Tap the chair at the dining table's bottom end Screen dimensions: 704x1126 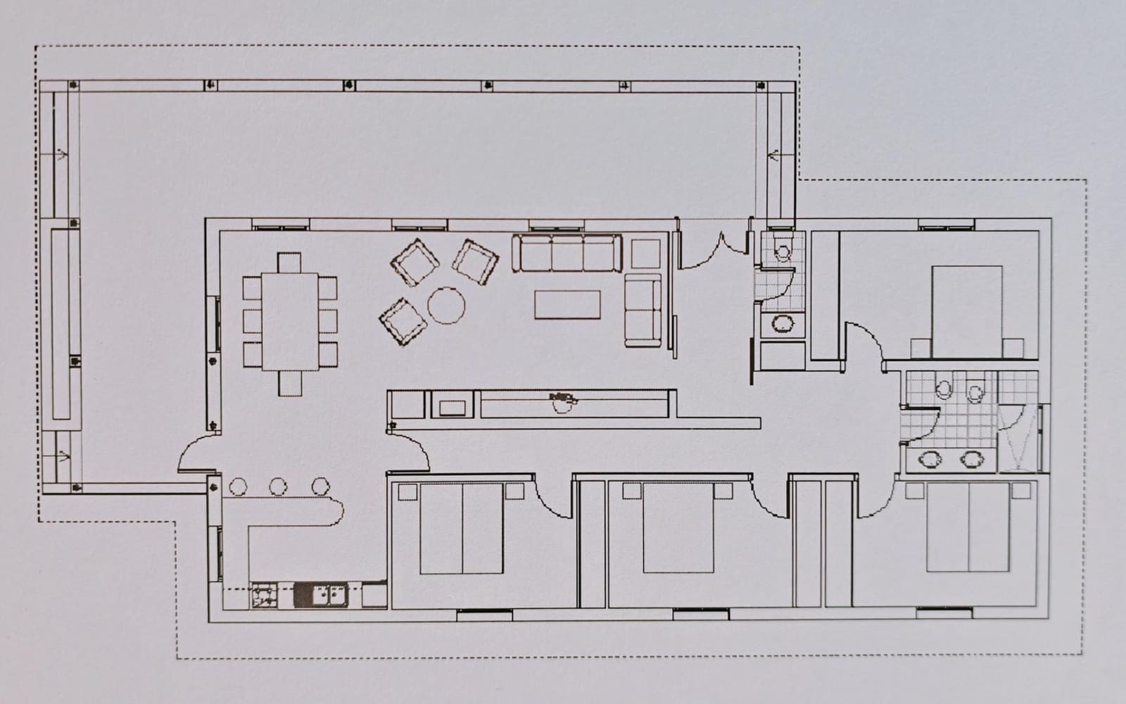289,383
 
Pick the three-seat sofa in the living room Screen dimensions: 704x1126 567,253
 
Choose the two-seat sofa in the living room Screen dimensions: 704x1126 643,310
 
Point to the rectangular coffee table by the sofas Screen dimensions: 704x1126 567,305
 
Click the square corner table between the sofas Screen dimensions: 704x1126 645,253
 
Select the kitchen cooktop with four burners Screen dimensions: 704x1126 265,596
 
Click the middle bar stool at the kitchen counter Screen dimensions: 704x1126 279,486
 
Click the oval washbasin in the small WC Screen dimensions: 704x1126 781,323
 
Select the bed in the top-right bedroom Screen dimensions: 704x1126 966,310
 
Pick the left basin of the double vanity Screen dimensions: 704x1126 931,459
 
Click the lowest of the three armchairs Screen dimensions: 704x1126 403,322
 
